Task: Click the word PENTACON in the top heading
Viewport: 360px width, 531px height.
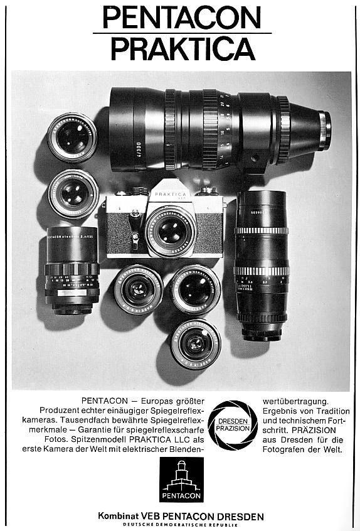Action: coord(182,17)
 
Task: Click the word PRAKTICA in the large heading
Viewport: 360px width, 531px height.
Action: coord(183,48)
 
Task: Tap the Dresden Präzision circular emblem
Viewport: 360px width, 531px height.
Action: coord(233,425)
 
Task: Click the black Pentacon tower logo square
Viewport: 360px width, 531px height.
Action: coord(181,480)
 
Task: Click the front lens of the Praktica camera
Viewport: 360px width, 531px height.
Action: coord(171,231)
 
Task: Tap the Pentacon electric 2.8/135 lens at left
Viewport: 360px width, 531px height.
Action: coord(72,270)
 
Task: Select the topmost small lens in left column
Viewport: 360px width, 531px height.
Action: coord(72,137)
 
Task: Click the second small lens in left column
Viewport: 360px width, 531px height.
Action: coord(73,193)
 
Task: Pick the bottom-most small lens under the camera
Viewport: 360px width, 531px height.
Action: coord(195,343)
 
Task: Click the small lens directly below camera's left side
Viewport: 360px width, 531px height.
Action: coord(139,289)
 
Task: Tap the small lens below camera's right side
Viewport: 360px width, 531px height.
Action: coord(196,289)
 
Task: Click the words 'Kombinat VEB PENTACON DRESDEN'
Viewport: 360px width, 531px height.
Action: coord(181,516)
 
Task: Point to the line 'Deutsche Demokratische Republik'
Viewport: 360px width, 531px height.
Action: coord(181,525)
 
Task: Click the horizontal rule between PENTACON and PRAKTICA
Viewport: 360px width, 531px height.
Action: coord(182,33)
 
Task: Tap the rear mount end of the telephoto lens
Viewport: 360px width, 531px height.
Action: coord(323,131)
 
